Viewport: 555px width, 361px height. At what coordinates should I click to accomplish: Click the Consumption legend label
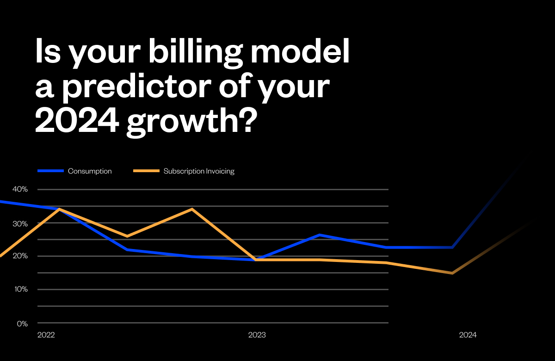tap(90, 171)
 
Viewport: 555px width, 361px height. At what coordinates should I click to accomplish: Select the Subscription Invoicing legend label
tap(199, 171)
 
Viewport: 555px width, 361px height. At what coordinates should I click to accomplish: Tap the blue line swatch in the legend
tap(50, 171)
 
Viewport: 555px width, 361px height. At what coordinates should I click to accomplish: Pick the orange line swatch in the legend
tap(146, 171)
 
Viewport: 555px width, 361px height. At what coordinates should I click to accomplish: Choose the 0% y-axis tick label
tap(22, 323)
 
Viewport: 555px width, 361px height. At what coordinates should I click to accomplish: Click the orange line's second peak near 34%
tap(191, 209)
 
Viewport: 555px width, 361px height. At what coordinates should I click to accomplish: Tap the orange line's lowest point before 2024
tap(452, 273)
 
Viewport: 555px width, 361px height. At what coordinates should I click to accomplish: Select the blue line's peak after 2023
tap(320, 235)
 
